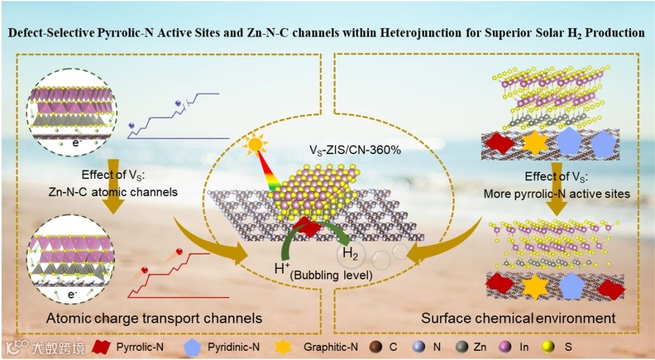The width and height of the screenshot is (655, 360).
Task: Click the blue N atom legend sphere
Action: click(x=418, y=347)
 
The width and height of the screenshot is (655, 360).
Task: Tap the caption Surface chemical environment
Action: click(x=519, y=318)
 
